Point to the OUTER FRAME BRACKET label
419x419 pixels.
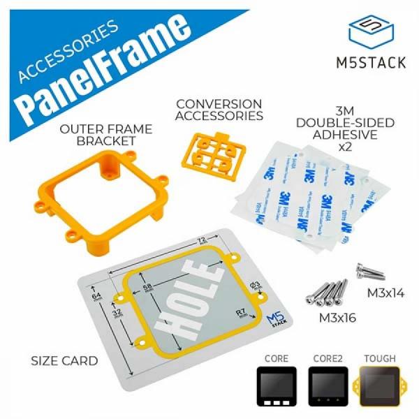click(98, 135)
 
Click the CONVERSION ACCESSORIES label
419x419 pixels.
click(219, 110)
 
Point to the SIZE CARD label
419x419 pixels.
click(64, 361)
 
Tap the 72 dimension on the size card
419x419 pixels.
click(201, 240)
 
